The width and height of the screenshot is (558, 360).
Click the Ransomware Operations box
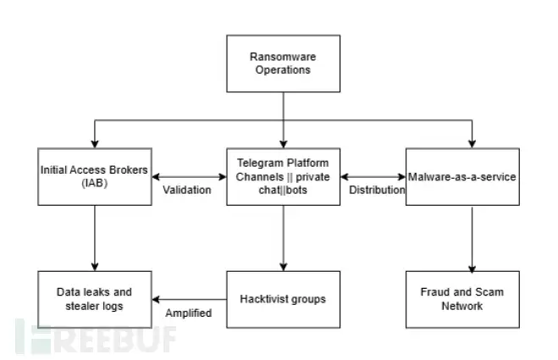284,64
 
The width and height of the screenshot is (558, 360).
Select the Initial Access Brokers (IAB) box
95,176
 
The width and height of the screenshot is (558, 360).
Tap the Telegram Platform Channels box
284,176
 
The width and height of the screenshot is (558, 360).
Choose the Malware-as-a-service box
462,176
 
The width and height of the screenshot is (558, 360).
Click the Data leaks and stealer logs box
95,299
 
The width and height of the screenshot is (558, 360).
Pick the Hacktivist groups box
284,299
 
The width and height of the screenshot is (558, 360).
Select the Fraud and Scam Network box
462,299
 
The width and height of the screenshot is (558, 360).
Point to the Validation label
186,191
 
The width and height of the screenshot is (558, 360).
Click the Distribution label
377,191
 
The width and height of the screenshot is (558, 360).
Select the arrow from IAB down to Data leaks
95,238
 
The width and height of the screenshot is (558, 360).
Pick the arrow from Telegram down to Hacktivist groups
284,238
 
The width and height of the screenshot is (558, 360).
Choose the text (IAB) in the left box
95,182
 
